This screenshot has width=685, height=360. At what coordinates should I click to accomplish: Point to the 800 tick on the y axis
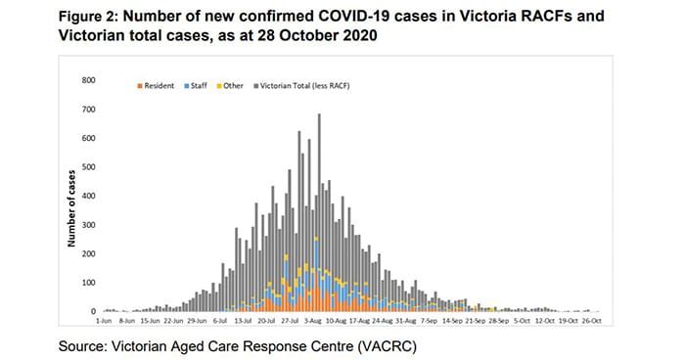point(89,80)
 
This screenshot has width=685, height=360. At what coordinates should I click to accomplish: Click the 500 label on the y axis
point(89,167)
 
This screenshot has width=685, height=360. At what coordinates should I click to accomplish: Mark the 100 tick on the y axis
point(89,283)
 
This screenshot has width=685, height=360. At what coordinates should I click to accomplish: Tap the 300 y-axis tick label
point(89,225)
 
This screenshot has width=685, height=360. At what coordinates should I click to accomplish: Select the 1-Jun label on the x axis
point(104,321)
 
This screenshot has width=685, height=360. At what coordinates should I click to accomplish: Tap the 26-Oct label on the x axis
point(593,321)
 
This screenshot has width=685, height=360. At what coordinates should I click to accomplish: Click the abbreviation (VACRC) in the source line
point(386,343)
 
